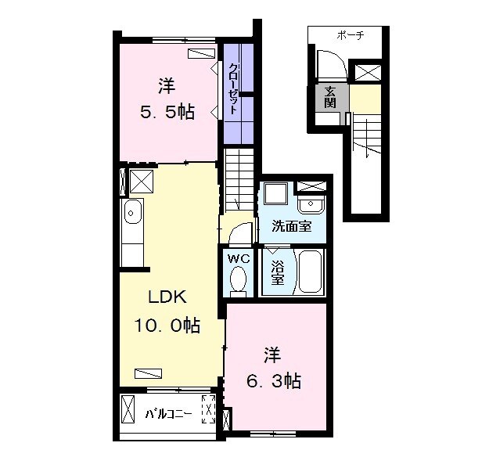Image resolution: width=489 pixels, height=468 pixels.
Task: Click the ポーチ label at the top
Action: point(350,36)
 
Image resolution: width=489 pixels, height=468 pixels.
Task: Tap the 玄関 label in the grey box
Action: point(330,96)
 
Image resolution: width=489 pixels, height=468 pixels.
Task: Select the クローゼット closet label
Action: point(233,90)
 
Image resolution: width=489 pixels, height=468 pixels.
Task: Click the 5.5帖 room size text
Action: point(167,111)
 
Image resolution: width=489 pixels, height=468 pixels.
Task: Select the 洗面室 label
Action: point(291,227)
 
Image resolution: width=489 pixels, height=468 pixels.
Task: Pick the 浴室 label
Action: point(277,272)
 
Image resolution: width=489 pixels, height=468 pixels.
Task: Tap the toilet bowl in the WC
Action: point(238,280)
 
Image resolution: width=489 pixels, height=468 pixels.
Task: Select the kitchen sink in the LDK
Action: point(132,211)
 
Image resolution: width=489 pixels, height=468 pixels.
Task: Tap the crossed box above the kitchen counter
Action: point(141,182)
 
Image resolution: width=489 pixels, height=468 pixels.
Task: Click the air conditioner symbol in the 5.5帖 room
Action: point(202,52)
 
